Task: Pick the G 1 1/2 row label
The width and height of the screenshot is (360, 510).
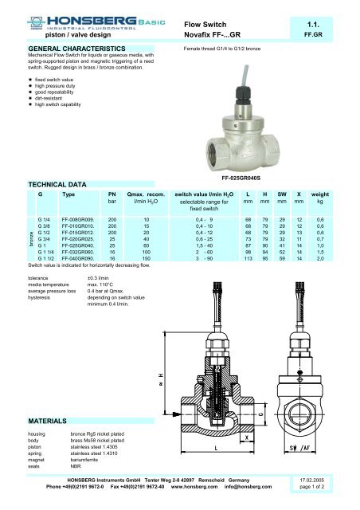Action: [x=49, y=260]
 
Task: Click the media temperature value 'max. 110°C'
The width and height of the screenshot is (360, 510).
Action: [x=108, y=283]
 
